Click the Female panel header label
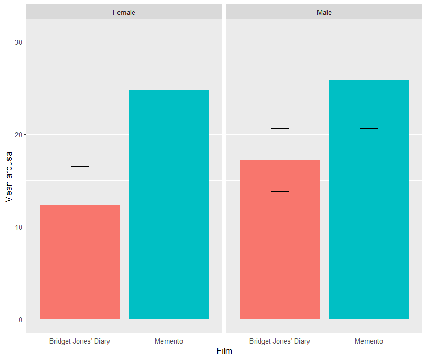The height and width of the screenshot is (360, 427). click(124, 12)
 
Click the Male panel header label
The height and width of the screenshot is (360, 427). click(324, 12)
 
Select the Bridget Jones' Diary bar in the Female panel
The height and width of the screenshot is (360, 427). click(79, 262)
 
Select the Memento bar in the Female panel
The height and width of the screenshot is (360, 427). click(169, 205)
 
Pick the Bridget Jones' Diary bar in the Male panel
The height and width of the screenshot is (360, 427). click(280, 239)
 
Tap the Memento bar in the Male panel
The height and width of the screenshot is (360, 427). click(369, 199)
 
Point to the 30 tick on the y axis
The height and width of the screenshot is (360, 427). click(18, 42)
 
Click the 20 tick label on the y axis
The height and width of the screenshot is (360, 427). click(18, 135)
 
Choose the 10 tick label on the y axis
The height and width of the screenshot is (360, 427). click(18, 227)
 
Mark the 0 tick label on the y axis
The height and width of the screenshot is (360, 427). click(20, 320)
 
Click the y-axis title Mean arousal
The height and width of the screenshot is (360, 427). click(9, 177)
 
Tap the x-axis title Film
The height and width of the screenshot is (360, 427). click(224, 352)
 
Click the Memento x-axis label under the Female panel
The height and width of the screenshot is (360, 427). click(169, 341)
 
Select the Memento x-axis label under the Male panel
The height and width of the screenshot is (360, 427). click(369, 341)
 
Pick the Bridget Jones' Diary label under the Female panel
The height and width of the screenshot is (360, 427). click(79, 341)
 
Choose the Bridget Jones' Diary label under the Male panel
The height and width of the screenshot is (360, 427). click(280, 341)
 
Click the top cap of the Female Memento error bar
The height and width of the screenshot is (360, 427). click(169, 42)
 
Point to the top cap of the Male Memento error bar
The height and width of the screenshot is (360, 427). click(369, 33)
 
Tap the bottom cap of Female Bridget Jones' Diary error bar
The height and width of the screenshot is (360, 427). click(80, 243)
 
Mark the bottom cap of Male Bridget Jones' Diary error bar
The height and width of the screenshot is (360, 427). click(280, 191)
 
